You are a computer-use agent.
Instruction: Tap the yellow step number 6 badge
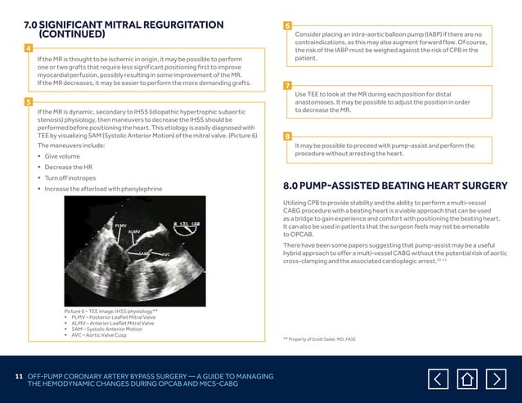point(287,26)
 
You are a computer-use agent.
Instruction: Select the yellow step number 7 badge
point(287,86)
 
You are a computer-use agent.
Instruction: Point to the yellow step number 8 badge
point(287,136)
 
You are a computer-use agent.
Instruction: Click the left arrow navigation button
point(439,378)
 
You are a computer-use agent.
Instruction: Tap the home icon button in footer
point(467,378)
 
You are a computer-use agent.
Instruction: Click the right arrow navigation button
point(495,378)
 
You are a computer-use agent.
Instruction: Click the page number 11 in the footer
point(19,375)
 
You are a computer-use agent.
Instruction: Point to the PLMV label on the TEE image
point(119,224)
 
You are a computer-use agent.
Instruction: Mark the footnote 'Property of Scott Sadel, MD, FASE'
point(321,338)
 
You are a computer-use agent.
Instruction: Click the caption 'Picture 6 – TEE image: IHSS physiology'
point(110,311)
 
